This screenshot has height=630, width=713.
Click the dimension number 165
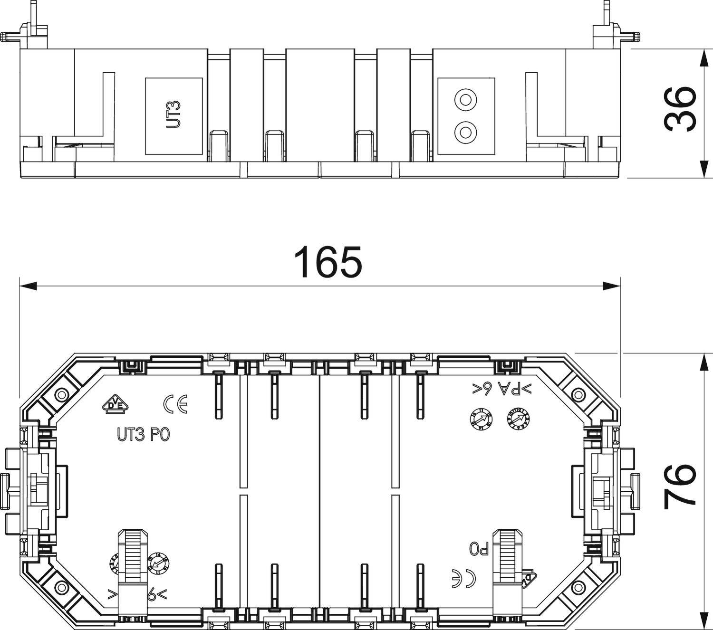(x=328, y=262)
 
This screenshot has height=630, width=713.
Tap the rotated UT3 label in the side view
(x=174, y=115)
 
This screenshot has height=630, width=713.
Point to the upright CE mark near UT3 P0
(x=175, y=404)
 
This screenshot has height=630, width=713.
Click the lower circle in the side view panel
(x=465, y=132)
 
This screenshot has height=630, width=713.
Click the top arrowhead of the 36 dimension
(x=704, y=57)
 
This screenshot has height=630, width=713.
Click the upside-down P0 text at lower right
(x=480, y=549)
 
